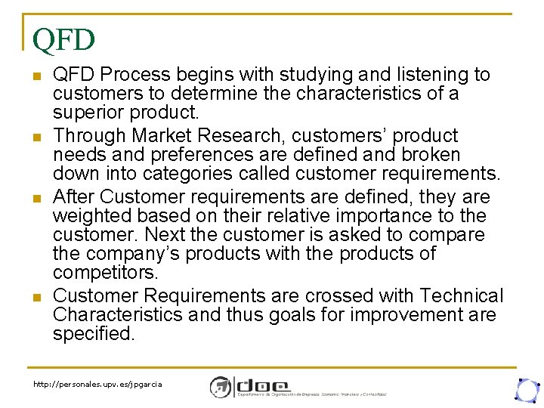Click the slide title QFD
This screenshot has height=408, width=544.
click(x=63, y=39)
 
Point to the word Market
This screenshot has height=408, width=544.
click(x=162, y=136)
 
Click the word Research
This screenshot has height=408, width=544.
click(x=235, y=136)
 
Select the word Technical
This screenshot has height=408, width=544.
click(x=461, y=296)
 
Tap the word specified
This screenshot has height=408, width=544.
click(x=94, y=334)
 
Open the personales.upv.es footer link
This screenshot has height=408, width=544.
click(x=97, y=385)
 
